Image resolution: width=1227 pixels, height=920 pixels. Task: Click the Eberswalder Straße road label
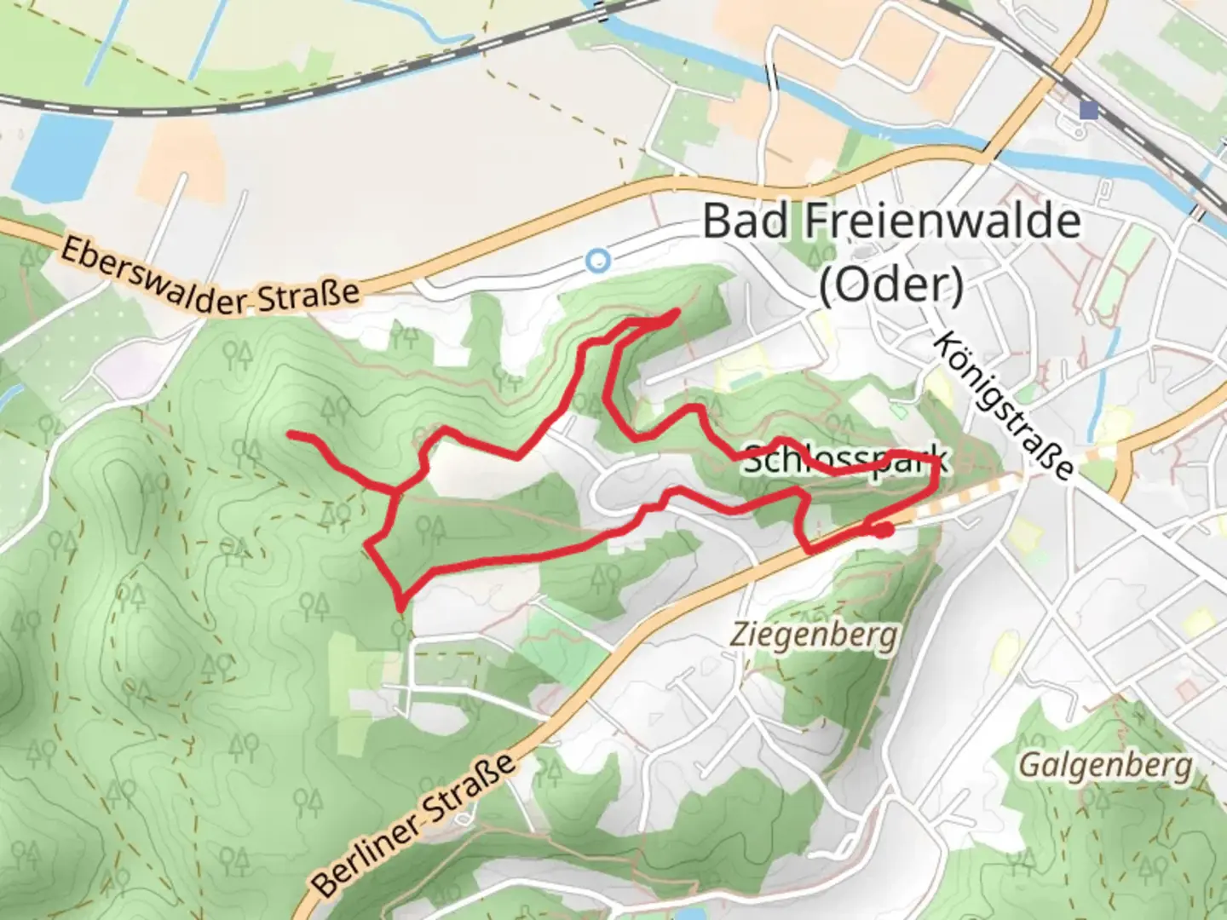[210, 278]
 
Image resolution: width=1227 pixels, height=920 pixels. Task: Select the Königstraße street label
[1003, 405]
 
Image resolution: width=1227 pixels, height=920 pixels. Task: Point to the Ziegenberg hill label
[815, 635]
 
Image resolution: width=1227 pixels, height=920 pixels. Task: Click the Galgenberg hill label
[1105, 766]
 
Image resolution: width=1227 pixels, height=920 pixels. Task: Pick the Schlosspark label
[844, 460]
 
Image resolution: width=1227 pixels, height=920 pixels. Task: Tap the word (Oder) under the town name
[891, 285]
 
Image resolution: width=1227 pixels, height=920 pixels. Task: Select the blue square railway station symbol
[1088, 110]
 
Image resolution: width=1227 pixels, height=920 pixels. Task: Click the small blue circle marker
[599, 260]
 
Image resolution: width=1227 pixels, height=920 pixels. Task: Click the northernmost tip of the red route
[677, 312]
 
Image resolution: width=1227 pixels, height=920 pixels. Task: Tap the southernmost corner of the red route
[400, 608]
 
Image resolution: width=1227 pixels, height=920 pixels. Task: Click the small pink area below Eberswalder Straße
[120, 373]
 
